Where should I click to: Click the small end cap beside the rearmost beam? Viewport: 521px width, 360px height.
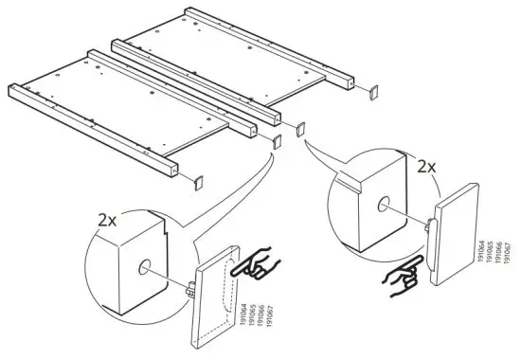370,93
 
